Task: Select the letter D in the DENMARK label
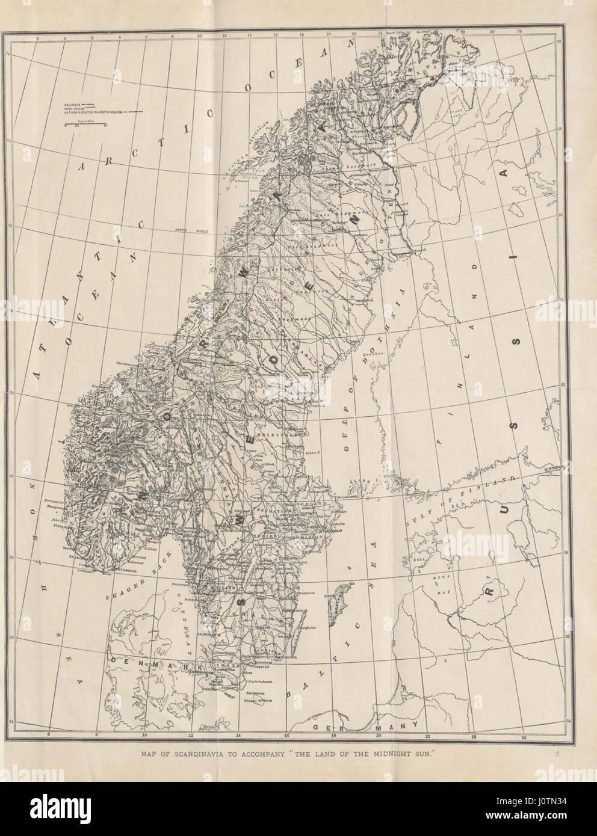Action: [x=113, y=661]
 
